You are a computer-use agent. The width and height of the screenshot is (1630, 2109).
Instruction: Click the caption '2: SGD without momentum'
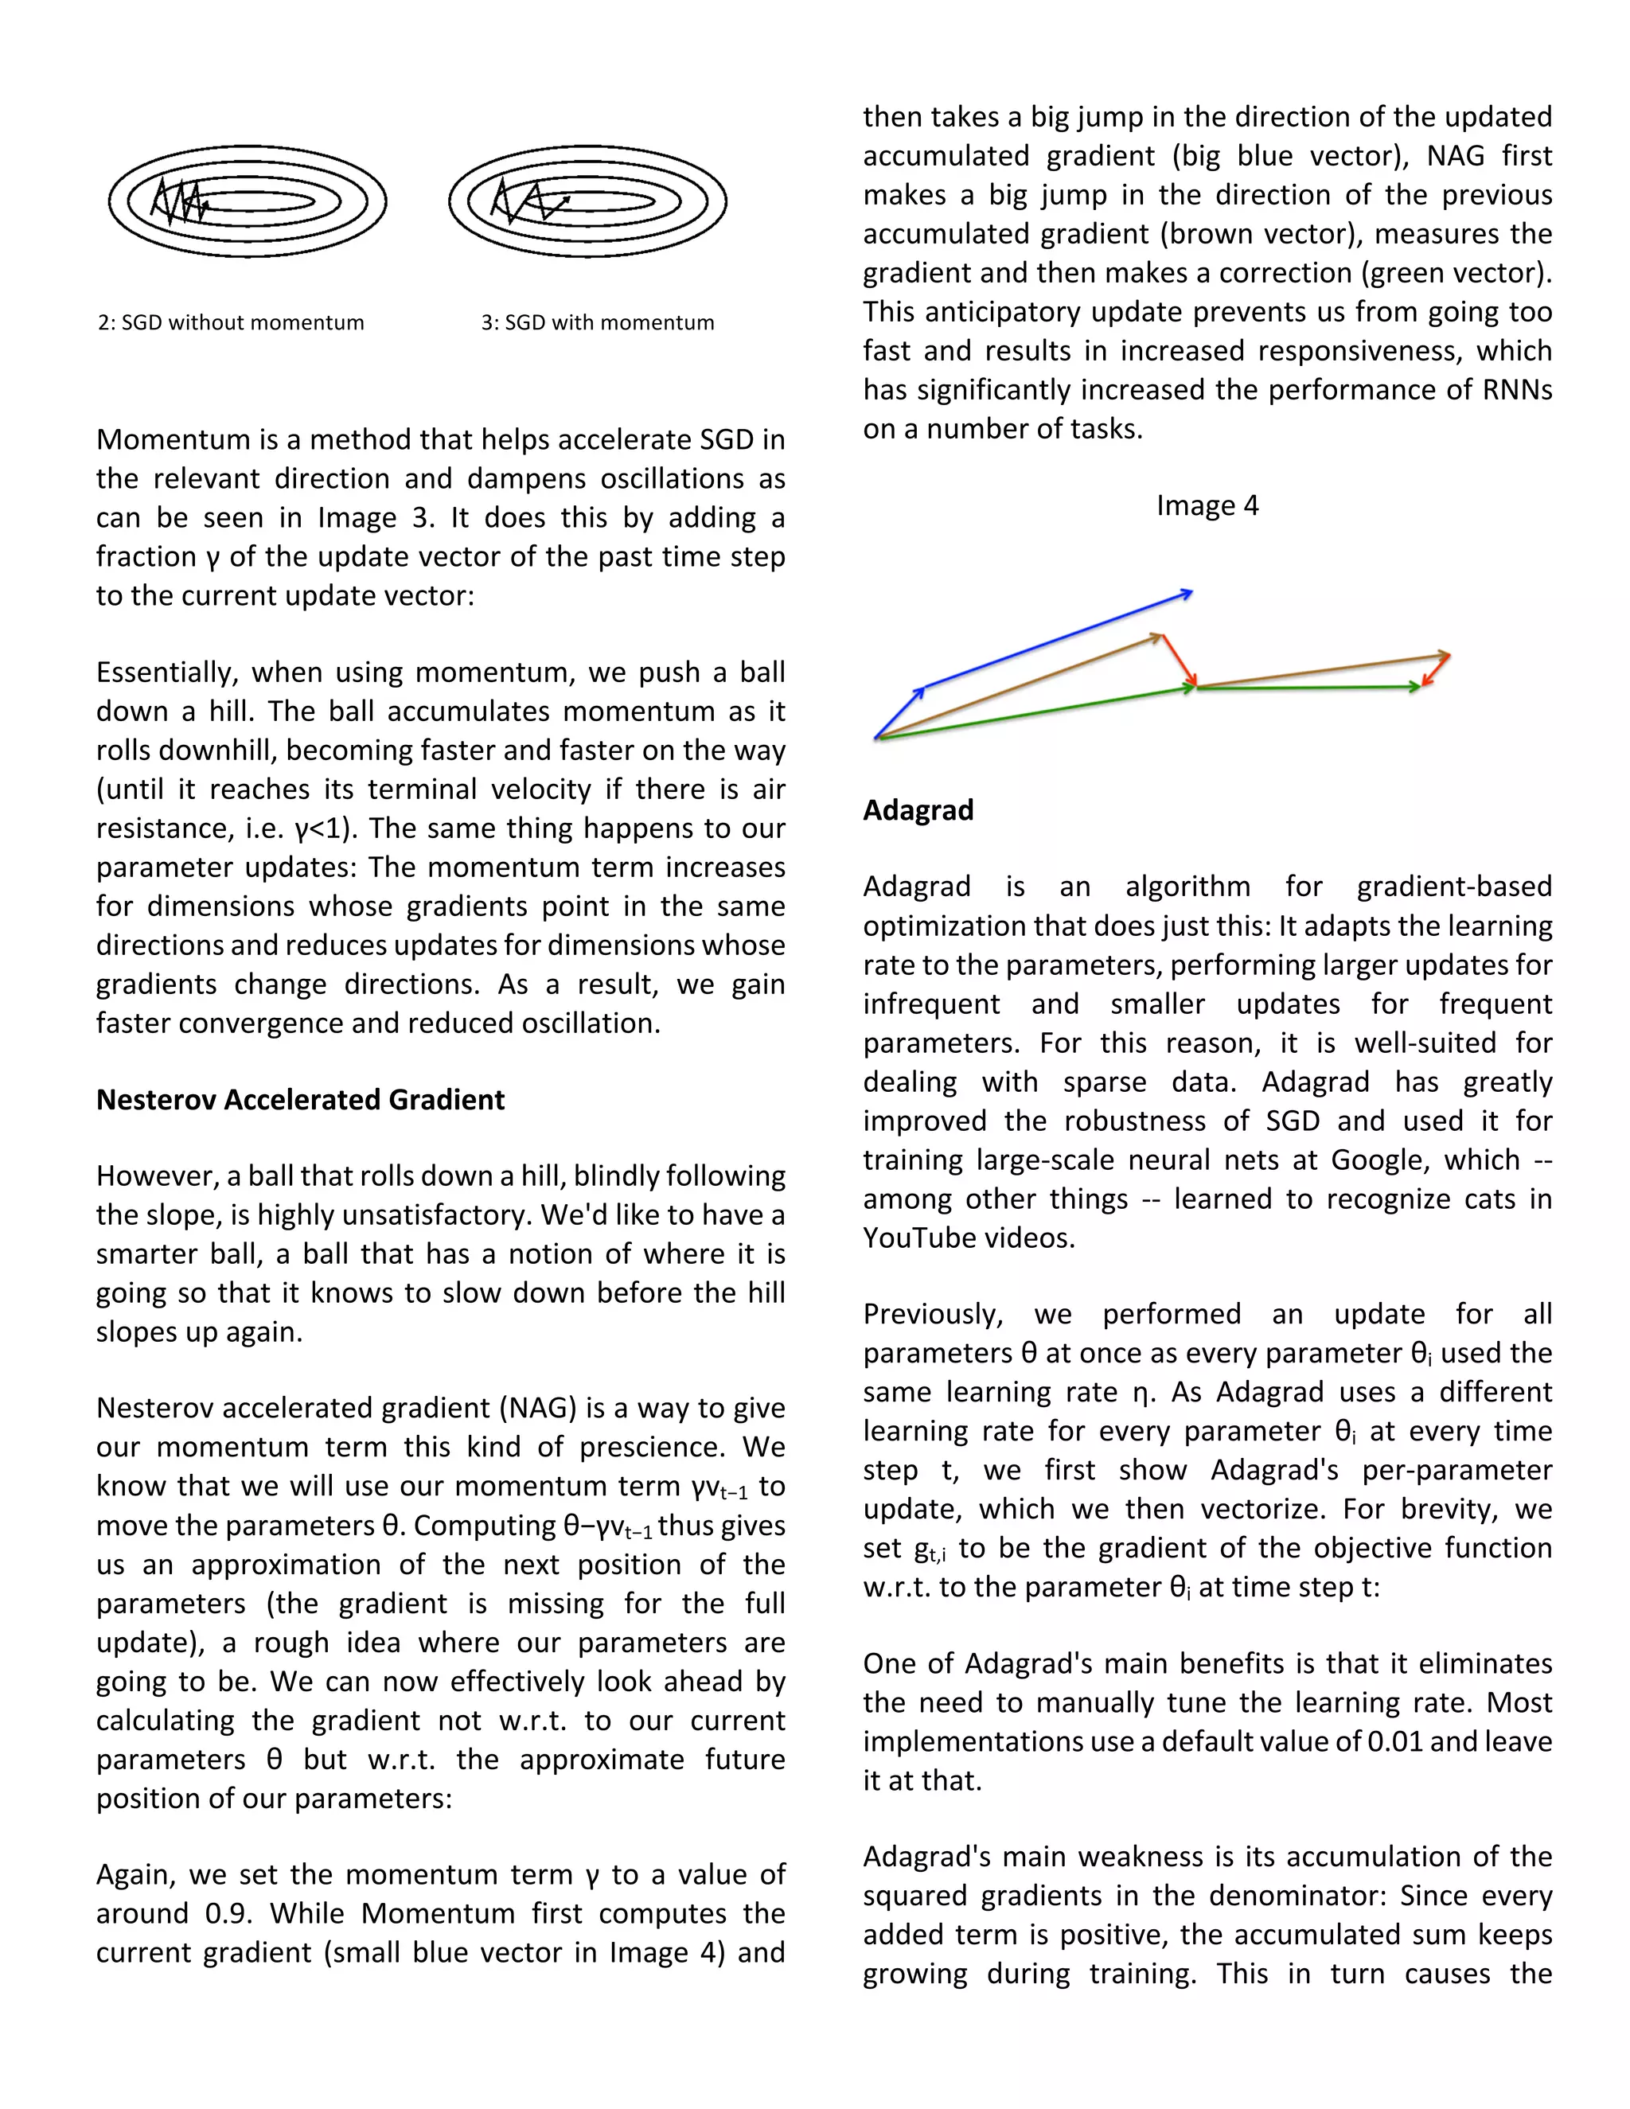click(231, 322)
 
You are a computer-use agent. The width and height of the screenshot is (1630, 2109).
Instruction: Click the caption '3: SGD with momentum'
click(598, 322)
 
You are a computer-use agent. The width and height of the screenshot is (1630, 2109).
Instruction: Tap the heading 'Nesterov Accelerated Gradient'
click(300, 1100)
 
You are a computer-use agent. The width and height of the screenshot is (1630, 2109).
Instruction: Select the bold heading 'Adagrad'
click(918, 809)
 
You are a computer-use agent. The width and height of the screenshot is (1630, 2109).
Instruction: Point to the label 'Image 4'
click(1207, 506)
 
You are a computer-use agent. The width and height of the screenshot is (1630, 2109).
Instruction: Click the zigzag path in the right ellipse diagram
click(526, 201)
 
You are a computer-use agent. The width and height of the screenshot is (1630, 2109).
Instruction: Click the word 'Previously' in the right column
click(933, 1314)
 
